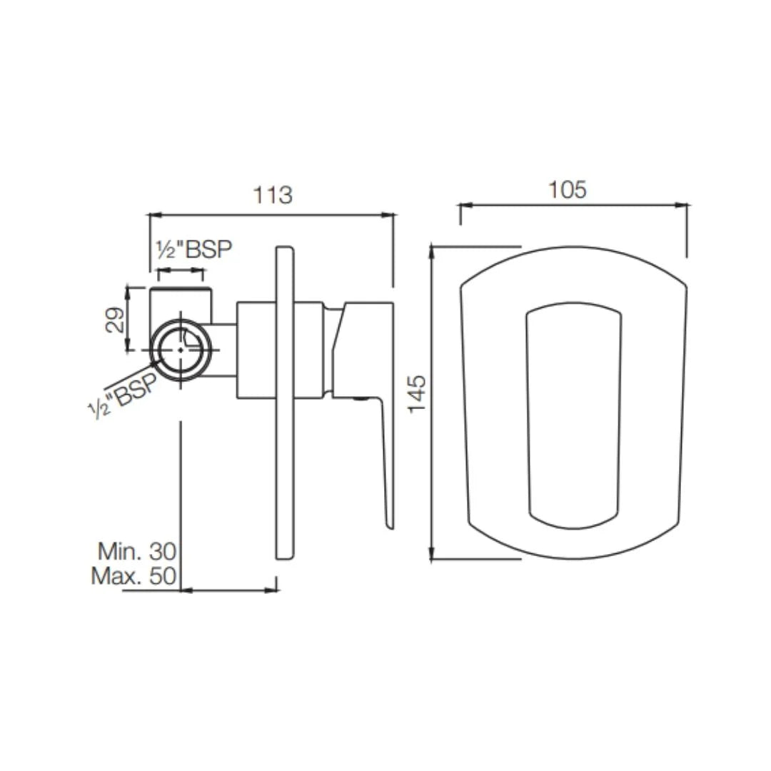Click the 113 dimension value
click(x=273, y=195)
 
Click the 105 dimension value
click(x=567, y=189)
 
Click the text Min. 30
click(x=136, y=550)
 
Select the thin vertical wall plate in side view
click(x=285, y=403)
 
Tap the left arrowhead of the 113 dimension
click(x=152, y=214)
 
